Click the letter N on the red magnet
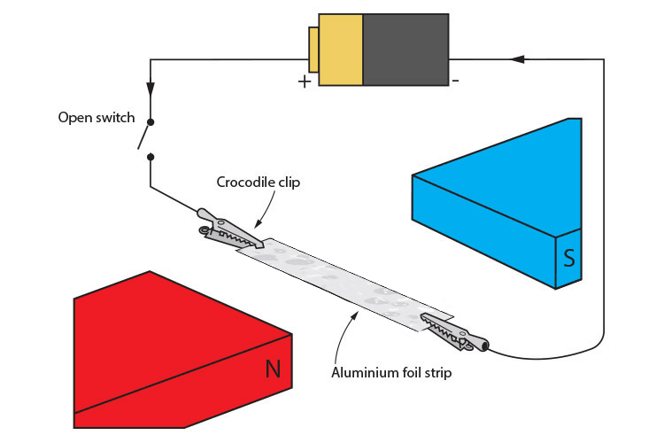coord(274,368)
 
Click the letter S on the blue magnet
coord(569,260)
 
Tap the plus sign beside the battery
coord(305,82)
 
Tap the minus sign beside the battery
coord(455,81)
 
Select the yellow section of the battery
coord(340,49)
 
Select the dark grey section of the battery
coord(405,49)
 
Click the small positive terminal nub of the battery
coord(313,49)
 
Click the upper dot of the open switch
coord(151,122)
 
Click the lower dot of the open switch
coord(151,157)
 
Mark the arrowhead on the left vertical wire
coord(151,89)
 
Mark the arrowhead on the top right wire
coord(518,58)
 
